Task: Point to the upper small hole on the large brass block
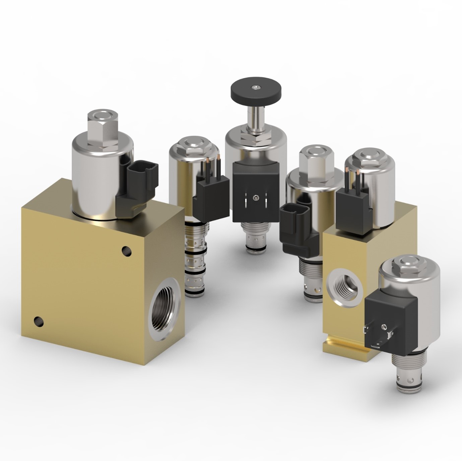click(127, 250)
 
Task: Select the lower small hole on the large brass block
click(39, 322)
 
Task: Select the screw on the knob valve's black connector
click(256, 198)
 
